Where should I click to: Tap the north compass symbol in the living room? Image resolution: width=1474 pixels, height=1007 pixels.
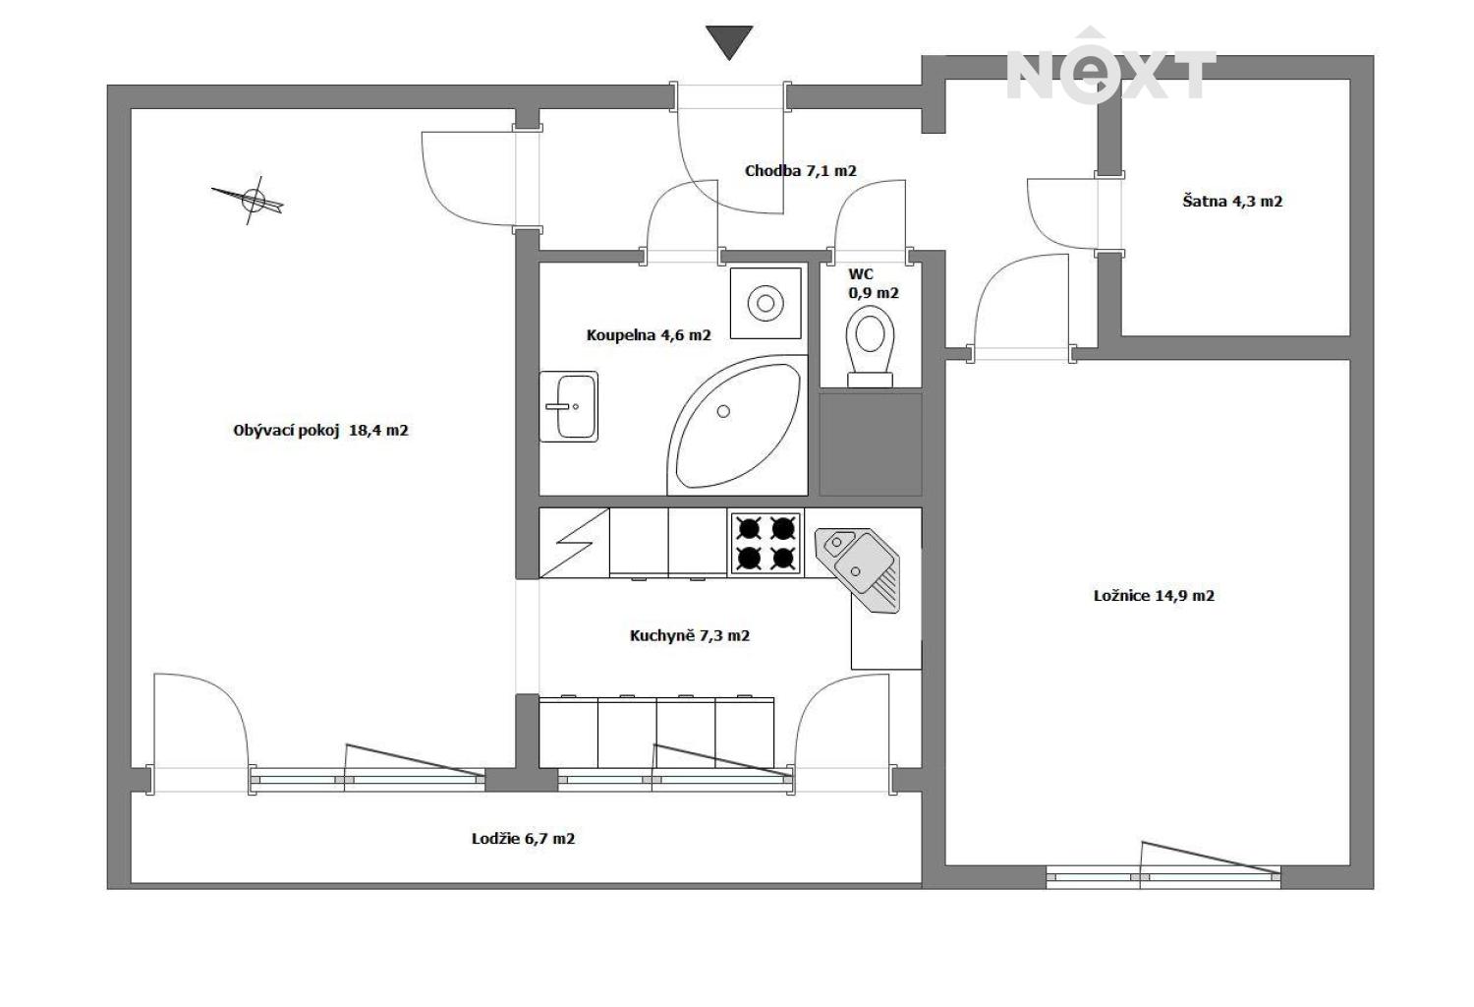[252, 199]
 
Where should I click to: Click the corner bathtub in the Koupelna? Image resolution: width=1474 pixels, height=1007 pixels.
[737, 426]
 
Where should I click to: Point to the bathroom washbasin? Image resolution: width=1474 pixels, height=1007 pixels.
[569, 406]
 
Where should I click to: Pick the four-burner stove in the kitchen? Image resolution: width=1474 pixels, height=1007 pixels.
[765, 544]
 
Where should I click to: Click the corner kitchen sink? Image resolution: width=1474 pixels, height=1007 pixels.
[859, 569]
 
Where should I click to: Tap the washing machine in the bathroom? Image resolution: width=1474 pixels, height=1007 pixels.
[765, 303]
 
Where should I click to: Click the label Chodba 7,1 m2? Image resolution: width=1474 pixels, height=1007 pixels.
[800, 171]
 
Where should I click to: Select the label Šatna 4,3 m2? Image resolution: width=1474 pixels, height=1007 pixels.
[1232, 201]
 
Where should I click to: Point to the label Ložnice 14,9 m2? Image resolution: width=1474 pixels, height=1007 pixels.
[1154, 595]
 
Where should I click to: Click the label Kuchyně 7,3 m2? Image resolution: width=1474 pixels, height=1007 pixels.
[690, 635]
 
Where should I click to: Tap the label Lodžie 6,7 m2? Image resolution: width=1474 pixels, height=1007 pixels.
[523, 839]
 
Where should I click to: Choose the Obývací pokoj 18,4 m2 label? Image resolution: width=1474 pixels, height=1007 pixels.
[320, 431]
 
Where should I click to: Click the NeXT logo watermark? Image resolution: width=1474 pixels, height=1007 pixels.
[1110, 66]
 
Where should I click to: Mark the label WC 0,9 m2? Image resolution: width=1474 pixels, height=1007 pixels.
[874, 283]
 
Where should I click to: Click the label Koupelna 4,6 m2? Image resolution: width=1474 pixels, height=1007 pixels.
[649, 335]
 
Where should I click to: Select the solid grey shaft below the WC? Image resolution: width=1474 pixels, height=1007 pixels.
[870, 444]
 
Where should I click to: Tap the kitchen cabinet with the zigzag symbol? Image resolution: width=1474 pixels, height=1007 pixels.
[574, 543]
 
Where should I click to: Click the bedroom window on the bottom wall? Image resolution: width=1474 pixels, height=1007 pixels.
[1163, 876]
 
